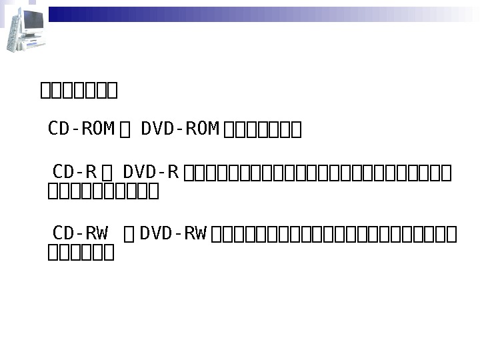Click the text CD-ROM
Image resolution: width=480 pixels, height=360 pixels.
(81, 128)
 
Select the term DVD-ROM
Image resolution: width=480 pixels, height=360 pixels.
(180, 128)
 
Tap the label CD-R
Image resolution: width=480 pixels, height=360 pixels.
(75, 172)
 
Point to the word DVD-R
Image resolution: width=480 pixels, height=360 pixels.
(151, 172)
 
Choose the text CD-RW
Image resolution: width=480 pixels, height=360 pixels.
(80, 233)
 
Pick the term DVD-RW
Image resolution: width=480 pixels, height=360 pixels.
(173, 233)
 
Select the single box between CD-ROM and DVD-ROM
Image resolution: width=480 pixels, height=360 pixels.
(125, 129)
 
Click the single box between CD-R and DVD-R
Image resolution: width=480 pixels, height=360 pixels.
(107, 173)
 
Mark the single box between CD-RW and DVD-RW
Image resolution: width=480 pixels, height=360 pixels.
(129, 234)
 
